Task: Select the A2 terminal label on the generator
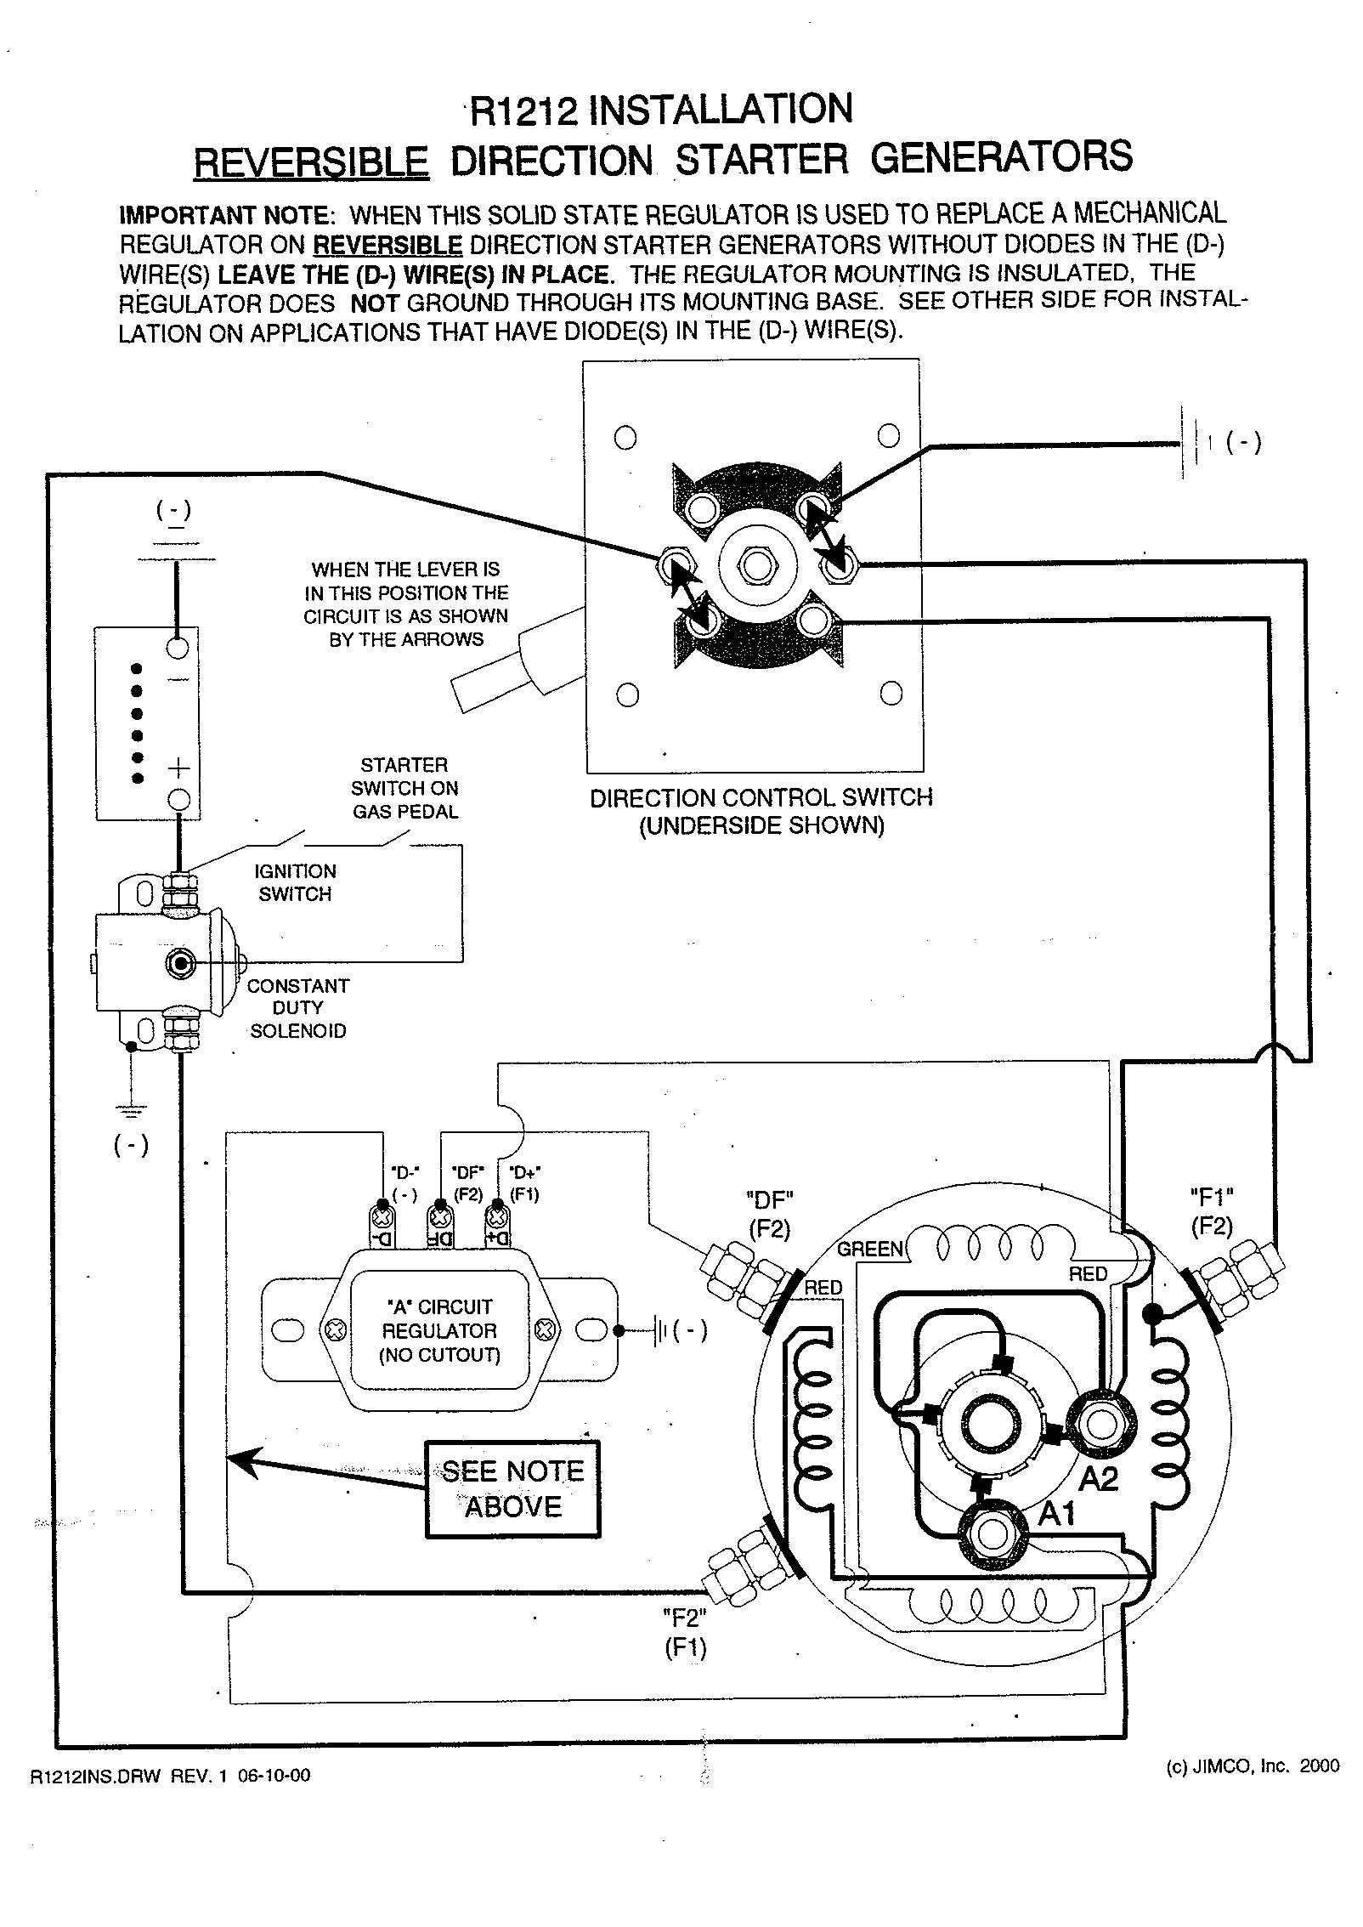click(x=1099, y=1481)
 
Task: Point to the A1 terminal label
click(x=1057, y=1514)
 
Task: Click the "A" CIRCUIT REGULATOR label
click(x=438, y=1331)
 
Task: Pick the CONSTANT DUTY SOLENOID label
click(x=297, y=1008)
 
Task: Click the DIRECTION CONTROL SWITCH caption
click(x=761, y=811)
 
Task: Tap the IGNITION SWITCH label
click(x=295, y=882)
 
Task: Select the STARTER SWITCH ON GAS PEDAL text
click(x=404, y=788)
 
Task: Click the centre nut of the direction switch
click(x=755, y=563)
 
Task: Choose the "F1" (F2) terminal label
click(x=1211, y=1211)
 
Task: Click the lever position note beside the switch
click(x=406, y=604)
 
